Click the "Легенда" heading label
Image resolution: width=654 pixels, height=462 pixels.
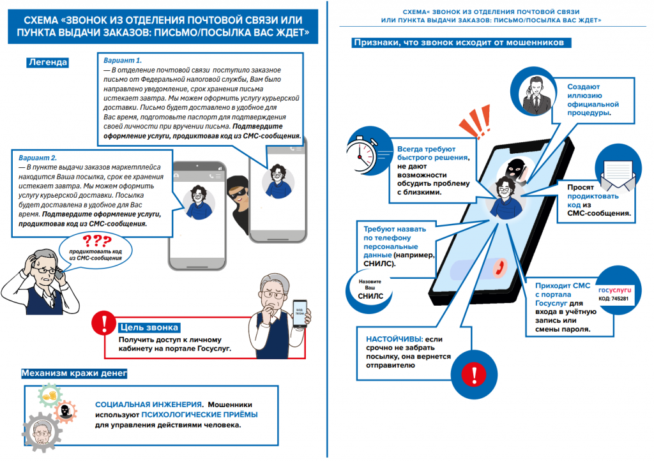point(47,62)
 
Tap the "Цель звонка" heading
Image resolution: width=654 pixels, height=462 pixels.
point(148,328)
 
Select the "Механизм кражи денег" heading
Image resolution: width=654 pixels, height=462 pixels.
point(74,373)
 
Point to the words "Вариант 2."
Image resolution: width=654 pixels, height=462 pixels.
point(38,158)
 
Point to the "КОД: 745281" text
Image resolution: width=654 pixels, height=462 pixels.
point(613,299)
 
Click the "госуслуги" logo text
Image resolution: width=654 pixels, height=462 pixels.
point(614,289)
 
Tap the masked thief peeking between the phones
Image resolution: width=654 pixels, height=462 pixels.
point(238,198)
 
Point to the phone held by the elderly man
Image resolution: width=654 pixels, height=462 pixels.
point(298,315)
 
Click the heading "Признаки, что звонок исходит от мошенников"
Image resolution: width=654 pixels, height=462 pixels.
point(457,43)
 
